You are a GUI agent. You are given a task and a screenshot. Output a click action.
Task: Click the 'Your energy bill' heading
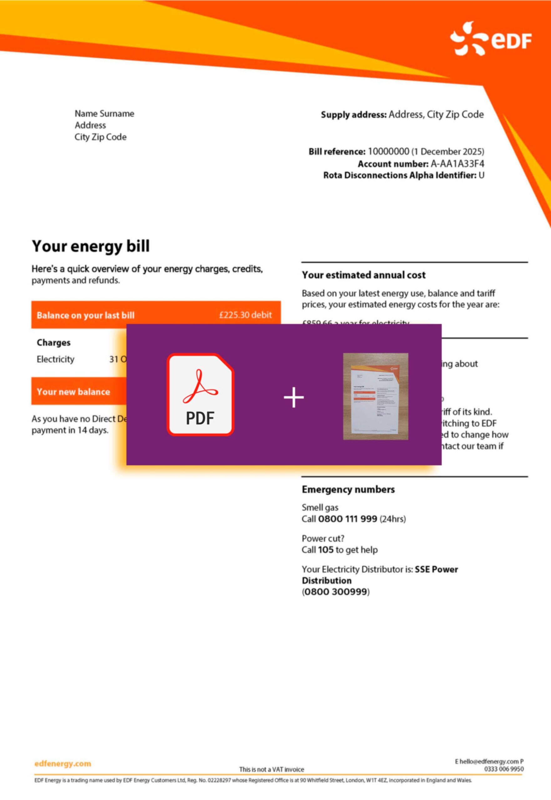point(91,246)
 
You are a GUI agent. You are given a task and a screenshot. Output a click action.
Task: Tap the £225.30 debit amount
point(245,315)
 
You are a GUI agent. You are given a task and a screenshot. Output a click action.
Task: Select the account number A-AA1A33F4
point(457,163)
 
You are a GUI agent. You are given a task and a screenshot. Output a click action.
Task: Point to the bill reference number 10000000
point(388,152)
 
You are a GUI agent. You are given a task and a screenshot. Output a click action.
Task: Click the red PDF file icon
point(200,394)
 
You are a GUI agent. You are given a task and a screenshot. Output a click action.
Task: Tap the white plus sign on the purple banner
point(294,397)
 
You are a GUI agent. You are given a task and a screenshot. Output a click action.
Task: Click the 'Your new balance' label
point(73,392)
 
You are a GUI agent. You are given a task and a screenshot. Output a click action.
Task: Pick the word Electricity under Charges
point(55,359)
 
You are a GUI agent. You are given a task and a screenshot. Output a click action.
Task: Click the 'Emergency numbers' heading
point(348,489)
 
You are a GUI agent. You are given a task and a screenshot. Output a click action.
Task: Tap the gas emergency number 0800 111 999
point(347,519)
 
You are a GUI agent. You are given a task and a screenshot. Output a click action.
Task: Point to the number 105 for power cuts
point(325,550)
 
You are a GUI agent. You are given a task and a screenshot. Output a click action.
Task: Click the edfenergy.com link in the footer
point(63,763)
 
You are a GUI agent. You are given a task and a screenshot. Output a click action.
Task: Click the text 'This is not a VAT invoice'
point(271,769)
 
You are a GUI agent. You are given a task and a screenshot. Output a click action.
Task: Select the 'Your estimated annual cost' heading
point(364,275)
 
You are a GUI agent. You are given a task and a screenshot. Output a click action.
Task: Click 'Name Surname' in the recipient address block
point(104,113)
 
